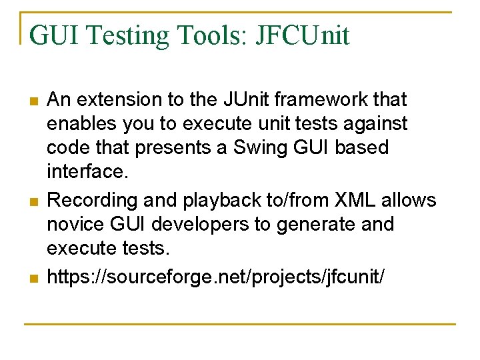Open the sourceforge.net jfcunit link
[215, 274]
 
